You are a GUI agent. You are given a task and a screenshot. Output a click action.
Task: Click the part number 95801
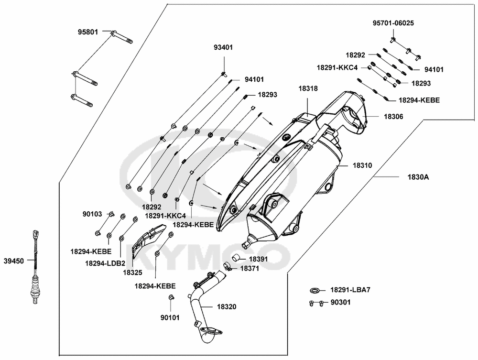(88, 33)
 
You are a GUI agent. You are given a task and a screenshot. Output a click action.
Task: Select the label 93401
(223, 47)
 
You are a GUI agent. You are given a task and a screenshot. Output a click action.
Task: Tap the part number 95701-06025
(393, 23)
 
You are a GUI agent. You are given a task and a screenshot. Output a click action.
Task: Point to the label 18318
(309, 88)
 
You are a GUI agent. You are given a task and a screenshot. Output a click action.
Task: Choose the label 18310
(362, 165)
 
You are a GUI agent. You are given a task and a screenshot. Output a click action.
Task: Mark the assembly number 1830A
(418, 177)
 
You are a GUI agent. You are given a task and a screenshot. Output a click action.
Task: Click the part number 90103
(92, 214)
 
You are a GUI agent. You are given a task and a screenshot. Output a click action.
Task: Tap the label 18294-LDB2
(105, 263)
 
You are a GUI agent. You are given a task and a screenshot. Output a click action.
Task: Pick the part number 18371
(249, 269)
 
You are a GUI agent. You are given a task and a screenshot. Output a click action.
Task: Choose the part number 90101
(170, 316)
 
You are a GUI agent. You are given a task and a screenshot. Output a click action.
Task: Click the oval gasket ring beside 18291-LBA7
(315, 290)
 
